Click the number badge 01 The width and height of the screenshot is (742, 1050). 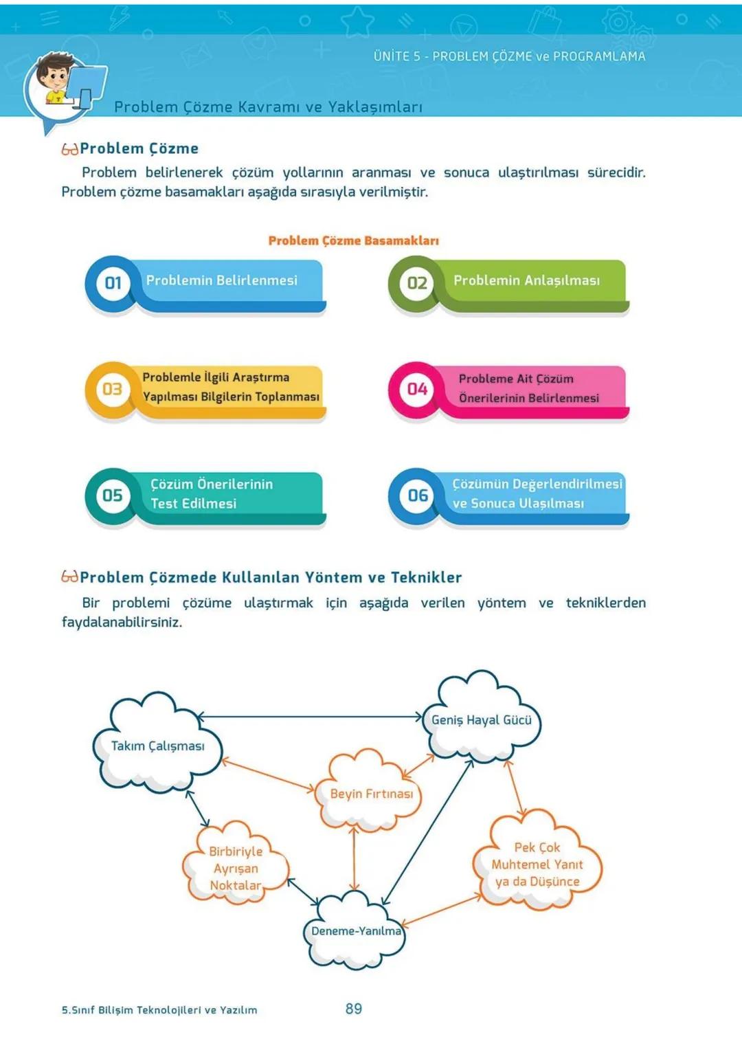click(113, 283)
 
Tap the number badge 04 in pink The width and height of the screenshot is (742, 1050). click(417, 390)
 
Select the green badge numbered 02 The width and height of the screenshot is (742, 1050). click(417, 283)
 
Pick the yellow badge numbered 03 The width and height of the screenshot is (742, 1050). click(113, 390)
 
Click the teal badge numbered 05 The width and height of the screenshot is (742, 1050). click(113, 495)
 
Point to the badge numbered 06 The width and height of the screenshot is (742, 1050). click(417, 495)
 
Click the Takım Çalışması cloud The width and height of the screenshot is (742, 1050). click(157, 746)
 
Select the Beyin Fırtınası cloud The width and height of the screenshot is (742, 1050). click(371, 794)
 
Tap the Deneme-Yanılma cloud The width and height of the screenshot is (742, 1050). click(355, 931)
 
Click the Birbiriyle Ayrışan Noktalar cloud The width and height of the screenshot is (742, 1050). click(236, 868)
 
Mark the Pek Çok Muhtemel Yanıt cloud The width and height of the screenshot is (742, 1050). click(537, 864)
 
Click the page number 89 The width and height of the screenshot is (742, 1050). click(354, 1009)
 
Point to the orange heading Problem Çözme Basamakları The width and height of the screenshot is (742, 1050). click(353, 241)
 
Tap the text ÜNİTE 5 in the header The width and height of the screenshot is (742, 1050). click(396, 56)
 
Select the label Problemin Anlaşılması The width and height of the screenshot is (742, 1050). click(526, 280)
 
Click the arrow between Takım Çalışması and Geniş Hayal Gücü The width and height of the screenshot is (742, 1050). click(309, 717)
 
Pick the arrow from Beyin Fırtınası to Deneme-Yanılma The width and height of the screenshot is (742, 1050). click(354, 859)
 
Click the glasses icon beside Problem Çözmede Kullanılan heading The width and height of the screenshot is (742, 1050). click(69, 577)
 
